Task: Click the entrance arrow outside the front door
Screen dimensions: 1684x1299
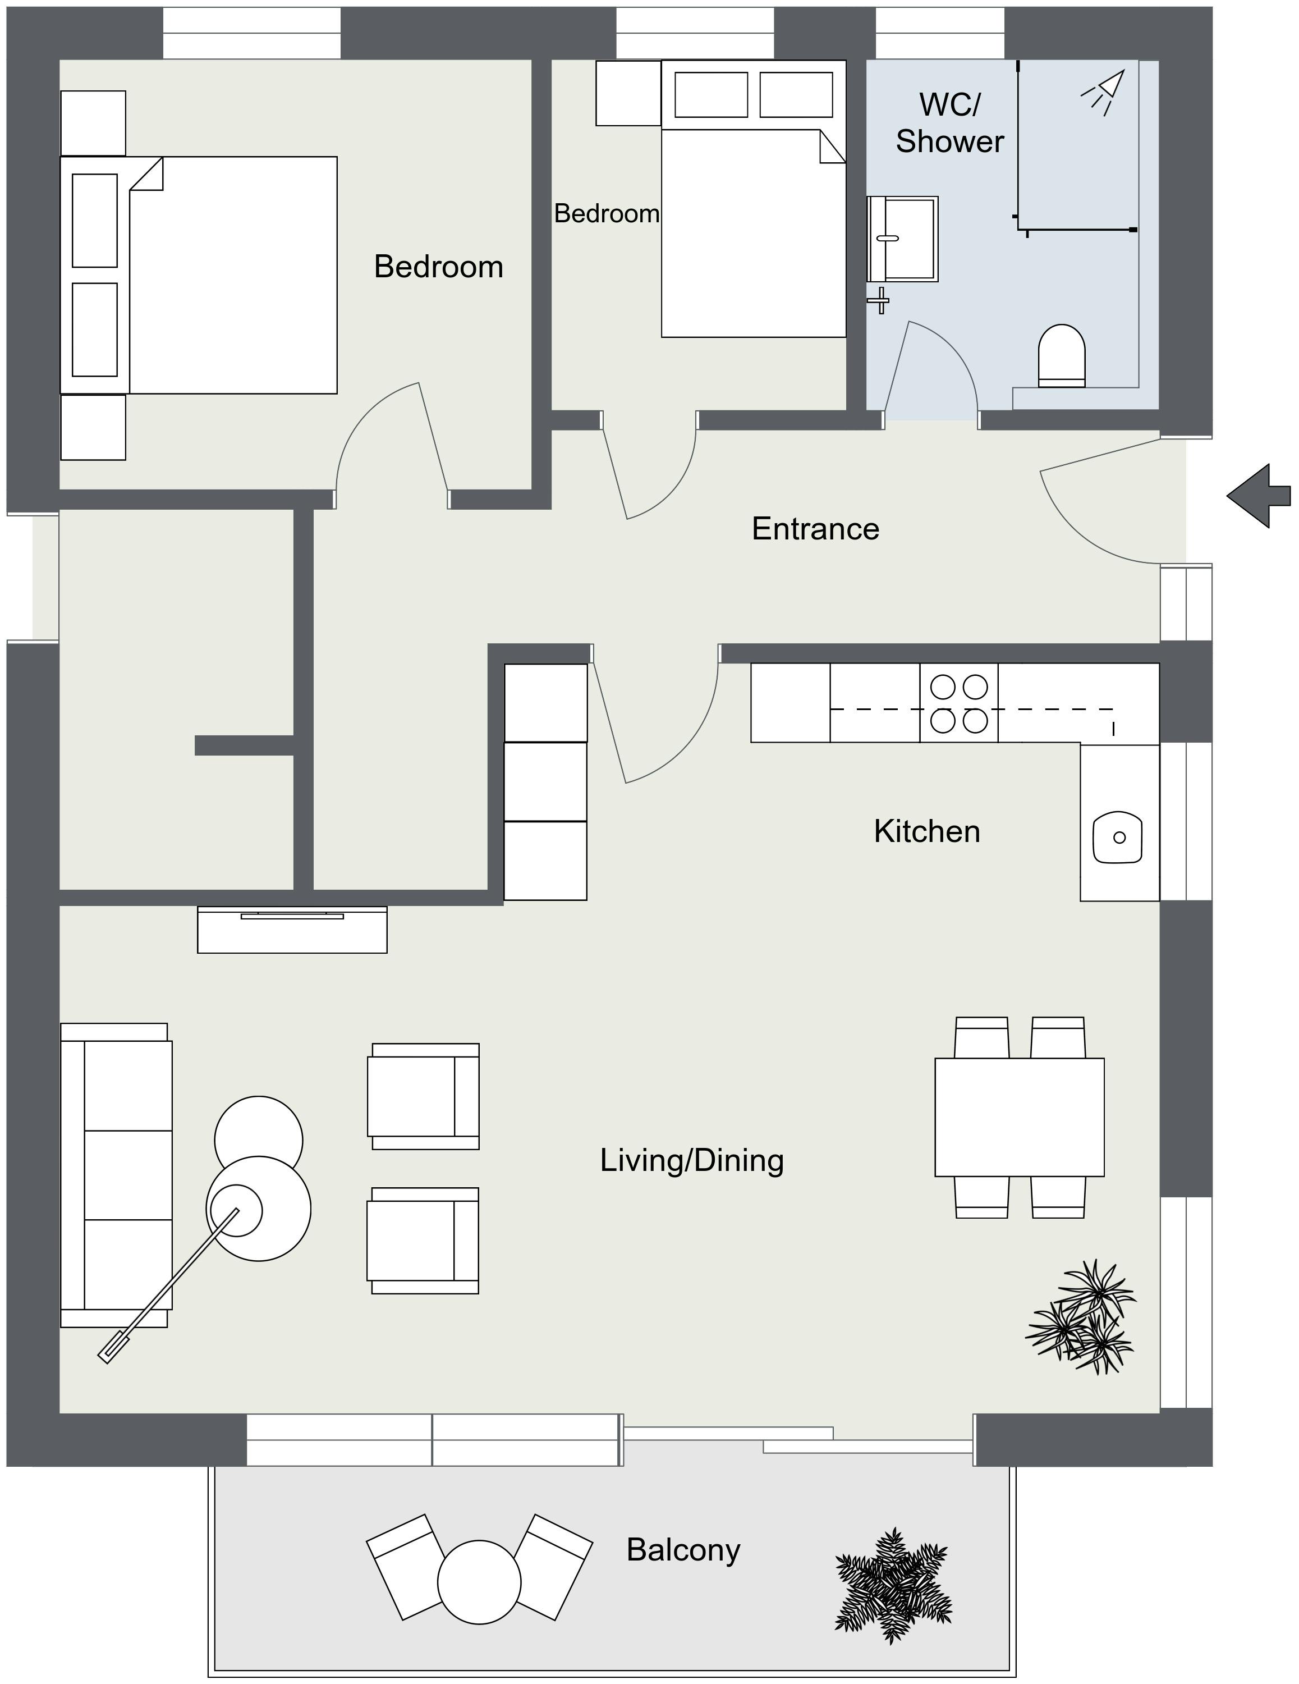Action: (1258, 496)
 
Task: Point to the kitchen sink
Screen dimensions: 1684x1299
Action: (1117, 836)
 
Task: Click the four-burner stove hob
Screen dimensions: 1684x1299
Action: (958, 703)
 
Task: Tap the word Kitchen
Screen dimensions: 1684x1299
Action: (926, 831)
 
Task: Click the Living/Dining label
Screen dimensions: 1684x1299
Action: (691, 1160)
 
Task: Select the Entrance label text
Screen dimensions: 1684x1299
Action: (815, 529)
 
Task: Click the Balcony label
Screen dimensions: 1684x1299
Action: (682, 1549)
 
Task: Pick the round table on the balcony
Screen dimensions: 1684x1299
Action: (479, 1582)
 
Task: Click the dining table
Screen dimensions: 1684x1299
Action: (1019, 1116)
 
